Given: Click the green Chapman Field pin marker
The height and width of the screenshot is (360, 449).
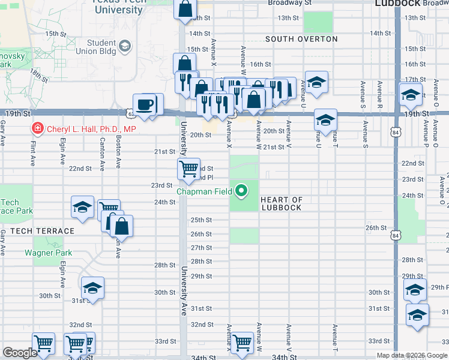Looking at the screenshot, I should tap(242, 191).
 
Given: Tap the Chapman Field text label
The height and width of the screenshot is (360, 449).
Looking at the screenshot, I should tap(204, 192).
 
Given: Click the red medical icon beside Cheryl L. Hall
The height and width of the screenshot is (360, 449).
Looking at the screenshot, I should tap(37, 128).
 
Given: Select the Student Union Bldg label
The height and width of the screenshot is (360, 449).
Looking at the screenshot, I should tap(101, 47).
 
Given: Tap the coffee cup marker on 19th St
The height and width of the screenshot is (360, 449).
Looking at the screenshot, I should tap(144, 104).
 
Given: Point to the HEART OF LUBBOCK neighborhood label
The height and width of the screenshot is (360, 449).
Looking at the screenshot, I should tap(282, 204).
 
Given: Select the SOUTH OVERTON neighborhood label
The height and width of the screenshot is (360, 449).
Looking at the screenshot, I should tap(302, 39).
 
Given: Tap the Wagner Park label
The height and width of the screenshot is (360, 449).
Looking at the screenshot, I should tap(48, 253).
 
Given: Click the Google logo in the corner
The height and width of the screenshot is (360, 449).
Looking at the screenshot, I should tap(20, 353).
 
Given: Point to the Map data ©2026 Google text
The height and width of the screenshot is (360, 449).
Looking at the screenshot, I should tap(411, 355).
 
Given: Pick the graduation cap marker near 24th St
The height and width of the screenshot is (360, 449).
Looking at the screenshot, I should tap(82, 208).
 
